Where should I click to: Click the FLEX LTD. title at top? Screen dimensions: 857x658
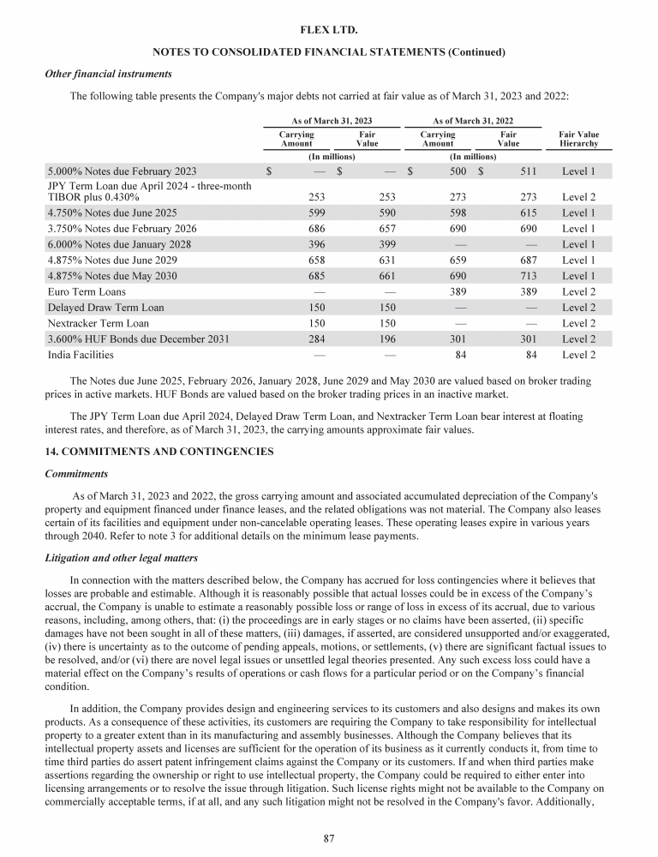pyautogui.click(x=329, y=31)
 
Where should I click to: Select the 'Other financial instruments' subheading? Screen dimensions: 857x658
pyautogui.click(x=108, y=74)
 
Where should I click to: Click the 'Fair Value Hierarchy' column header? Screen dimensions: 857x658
pyautogui.click(x=578, y=140)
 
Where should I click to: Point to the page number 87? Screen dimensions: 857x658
pyautogui.click(x=329, y=838)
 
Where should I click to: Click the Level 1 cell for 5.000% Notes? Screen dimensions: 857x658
pyautogui.click(x=578, y=171)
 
